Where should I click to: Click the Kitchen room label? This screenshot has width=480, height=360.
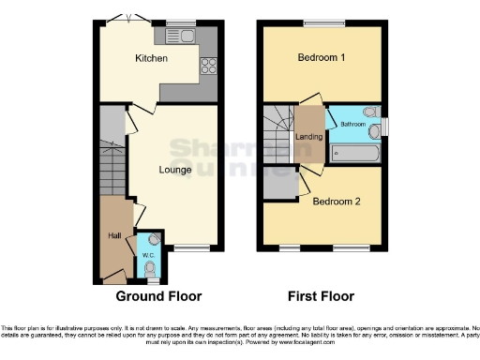(151, 59)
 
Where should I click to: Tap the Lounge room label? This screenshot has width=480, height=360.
(175, 170)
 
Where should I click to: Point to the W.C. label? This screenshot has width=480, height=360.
(148, 254)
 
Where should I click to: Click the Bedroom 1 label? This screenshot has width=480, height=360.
(322, 58)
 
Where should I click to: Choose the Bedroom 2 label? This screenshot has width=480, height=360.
(336, 202)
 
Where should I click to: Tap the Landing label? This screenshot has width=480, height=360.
(308, 137)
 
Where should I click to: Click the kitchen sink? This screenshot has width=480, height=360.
(180, 37)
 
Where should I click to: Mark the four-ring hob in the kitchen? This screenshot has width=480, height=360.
(208, 66)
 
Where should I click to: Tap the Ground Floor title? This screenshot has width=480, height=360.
(158, 296)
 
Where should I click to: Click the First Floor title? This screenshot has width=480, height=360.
(322, 296)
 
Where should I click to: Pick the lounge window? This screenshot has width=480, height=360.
(191, 248)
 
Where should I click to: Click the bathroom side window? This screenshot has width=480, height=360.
(385, 126)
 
